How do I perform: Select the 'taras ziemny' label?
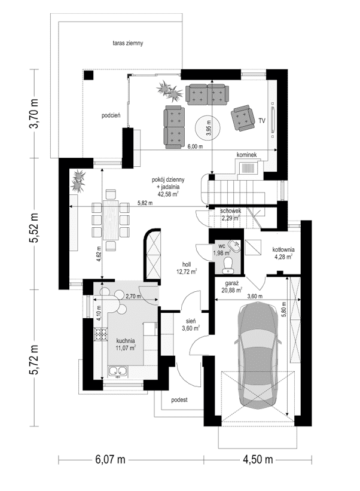(128, 43)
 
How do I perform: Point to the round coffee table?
(208, 127)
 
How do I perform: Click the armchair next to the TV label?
(242, 117)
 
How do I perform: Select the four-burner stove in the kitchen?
(100, 334)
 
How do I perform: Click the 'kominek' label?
(247, 155)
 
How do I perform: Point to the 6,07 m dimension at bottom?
(110, 460)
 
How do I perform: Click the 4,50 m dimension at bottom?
(258, 460)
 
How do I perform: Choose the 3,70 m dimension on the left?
(34, 114)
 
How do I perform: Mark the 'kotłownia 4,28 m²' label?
(283, 253)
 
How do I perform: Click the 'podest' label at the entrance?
(179, 400)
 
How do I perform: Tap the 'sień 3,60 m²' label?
(191, 324)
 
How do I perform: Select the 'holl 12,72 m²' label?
(188, 268)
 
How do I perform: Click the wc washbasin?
(234, 245)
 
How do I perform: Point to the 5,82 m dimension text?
(145, 203)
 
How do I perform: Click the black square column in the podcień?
(89, 75)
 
